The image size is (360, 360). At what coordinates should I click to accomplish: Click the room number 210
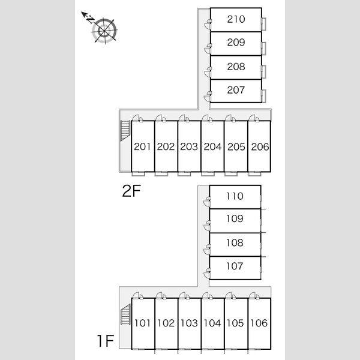[x=236, y=19]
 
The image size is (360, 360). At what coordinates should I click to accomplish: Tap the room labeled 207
[x=236, y=90]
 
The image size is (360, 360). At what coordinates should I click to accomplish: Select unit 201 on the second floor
[x=142, y=146]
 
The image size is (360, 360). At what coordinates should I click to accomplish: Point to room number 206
[x=260, y=147]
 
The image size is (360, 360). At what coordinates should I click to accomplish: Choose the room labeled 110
[x=235, y=196]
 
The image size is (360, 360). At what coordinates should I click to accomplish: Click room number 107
[x=235, y=266]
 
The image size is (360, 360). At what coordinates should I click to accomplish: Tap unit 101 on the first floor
[x=142, y=323]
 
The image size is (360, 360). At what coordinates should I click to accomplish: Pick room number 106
[x=259, y=323]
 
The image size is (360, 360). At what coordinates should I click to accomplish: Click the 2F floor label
[x=131, y=191]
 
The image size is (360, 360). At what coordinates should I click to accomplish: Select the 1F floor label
[x=106, y=341]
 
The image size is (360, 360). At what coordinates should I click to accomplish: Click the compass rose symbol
[x=104, y=31]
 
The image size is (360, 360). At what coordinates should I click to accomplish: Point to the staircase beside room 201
[x=125, y=130]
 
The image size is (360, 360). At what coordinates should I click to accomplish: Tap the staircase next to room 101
[x=125, y=314]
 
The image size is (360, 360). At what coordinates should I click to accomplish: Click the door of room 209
[x=208, y=48]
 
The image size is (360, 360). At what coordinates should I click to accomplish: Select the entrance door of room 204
[x=207, y=118]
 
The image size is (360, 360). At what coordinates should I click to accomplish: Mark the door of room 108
[x=208, y=249]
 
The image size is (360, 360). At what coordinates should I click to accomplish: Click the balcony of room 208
[x=264, y=71]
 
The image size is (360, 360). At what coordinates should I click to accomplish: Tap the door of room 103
[x=184, y=296]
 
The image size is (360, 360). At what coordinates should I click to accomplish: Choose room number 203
[x=189, y=147]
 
